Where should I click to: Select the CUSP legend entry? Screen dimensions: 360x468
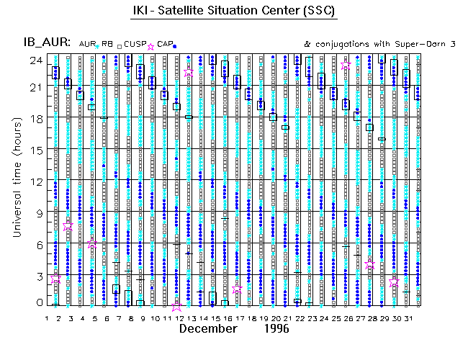pyautogui.click(x=135, y=44)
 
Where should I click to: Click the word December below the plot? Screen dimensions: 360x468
pyautogui.click(x=208, y=329)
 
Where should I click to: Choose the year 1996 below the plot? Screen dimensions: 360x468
pyautogui.click(x=275, y=329)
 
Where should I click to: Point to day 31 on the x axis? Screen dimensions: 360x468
pyautogui.click(x=409, y=318)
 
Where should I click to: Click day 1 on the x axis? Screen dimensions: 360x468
pyautogui.click(x=47, y=318)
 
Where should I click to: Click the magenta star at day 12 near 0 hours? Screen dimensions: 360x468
pyautogui.click(x=177, y=307)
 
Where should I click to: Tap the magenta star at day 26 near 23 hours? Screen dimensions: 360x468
pyautogui.click(x=346, y=66)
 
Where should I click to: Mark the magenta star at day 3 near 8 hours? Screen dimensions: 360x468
pyautogui.click(x=68, y=225)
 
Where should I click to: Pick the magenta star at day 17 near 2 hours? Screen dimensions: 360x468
pyautogui.click(x=238, y=289)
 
